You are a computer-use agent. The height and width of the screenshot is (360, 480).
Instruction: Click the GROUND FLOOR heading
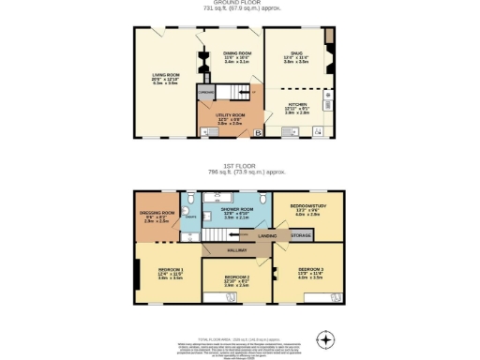[x=240, y=4]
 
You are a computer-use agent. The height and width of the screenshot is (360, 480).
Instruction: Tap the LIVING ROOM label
[x=165, y=78]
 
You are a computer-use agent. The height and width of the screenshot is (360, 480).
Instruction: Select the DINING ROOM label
[x=235, y=54]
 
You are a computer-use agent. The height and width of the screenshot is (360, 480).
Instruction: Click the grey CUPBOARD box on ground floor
[x=205, y=93]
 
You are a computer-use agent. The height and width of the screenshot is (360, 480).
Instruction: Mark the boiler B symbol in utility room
[x=258, y=133]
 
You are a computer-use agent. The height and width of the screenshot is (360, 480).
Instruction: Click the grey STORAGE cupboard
[x=300, y=235]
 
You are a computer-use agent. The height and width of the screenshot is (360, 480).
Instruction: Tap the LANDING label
[x=267, y=235]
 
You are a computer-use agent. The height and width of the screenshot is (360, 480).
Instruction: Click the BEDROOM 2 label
[x=235, y=279]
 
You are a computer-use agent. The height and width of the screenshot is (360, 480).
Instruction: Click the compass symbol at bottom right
[x=325, y=338]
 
